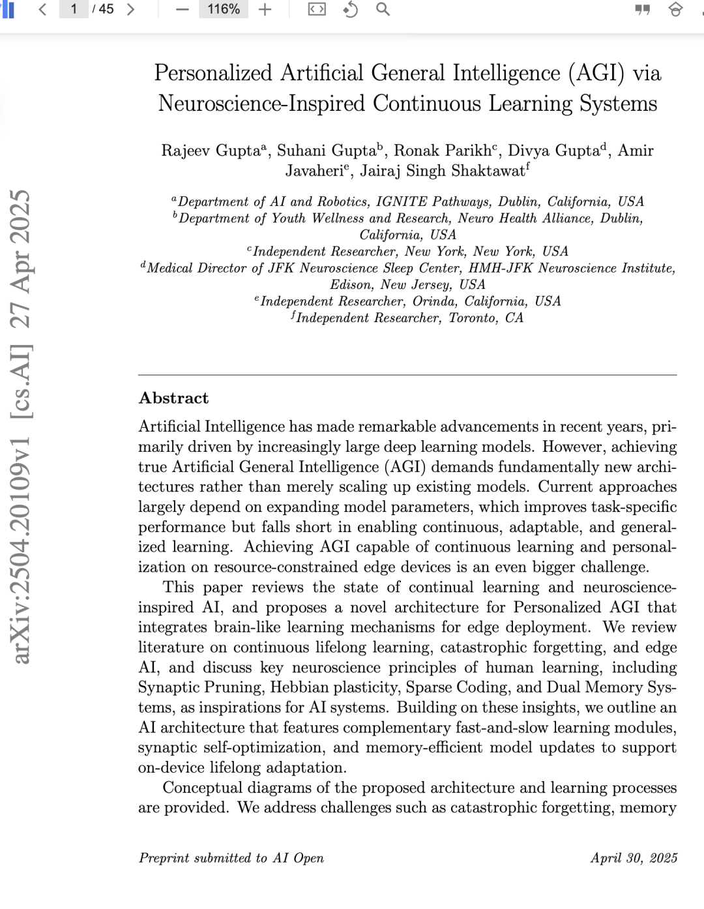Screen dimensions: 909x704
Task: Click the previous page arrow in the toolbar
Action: click(42, 9)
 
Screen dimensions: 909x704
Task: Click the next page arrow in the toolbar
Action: click(130, 9)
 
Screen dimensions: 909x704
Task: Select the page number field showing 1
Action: click(74, 9)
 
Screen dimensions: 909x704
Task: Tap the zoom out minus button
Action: click(183, 9)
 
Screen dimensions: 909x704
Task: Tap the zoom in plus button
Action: click(265, 9)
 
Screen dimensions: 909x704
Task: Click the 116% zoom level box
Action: click(224, 9)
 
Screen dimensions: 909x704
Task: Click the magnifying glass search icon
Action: click(383, 9)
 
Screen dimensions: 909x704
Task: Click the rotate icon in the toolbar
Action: click(351, 9)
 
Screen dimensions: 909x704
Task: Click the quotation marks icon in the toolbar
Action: click(642, 10)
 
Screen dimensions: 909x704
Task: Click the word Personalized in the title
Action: click(213, 73)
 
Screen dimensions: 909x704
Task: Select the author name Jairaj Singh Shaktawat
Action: click(443, 171)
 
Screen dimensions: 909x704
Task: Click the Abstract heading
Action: click(173, 398)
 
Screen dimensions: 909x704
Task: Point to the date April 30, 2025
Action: click(634, 858)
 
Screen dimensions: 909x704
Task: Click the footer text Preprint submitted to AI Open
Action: click(231, 858)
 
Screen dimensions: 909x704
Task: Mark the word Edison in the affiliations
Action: click(351, 285)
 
